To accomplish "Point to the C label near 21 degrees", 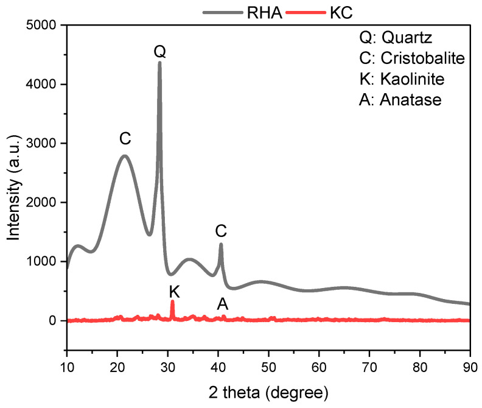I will [x=125, y=139].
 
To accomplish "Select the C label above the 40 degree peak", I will [x=221, y=231].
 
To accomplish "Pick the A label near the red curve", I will [x=223, y=303].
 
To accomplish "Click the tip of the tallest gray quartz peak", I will [x=159, y=62].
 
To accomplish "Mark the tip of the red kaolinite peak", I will [x=172, y=301].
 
